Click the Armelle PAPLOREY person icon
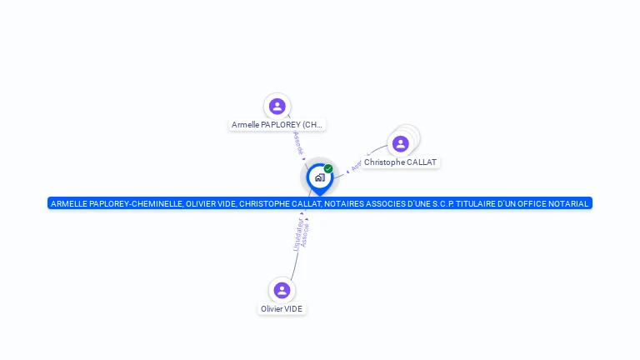[277, 107]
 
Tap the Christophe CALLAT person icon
[401, 143]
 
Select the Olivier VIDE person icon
[282, 290]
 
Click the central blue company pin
[319, 177]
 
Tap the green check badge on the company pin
[328, 168]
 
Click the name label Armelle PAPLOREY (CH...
[277, 125]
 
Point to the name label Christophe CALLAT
[400, 162]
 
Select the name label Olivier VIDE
[282, 308]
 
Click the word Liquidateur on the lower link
[297, 233]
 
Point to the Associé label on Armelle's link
[298, 143]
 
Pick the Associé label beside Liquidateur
[305, 234]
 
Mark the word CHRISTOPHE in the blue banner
[263, 203]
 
